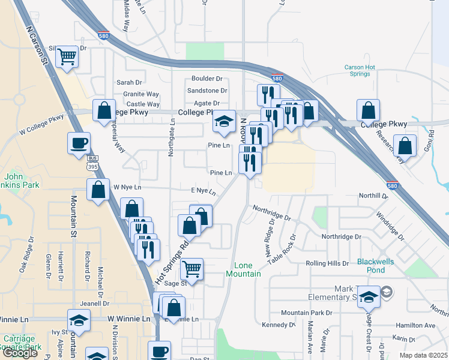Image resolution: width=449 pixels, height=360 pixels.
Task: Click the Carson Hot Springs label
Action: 360,71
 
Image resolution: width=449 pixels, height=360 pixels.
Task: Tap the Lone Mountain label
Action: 243,269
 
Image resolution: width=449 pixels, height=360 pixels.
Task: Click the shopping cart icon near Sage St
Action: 191,269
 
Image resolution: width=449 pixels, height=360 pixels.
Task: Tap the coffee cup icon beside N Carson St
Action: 79,143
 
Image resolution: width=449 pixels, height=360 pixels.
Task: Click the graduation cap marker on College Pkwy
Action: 224,122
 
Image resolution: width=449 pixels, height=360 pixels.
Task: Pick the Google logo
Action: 20,353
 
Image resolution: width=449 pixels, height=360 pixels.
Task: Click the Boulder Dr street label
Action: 207,79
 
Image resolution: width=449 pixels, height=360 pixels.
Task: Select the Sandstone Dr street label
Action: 207,91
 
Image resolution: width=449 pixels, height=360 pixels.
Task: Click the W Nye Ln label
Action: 127,187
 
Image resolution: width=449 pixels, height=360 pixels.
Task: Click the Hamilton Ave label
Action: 415,325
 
